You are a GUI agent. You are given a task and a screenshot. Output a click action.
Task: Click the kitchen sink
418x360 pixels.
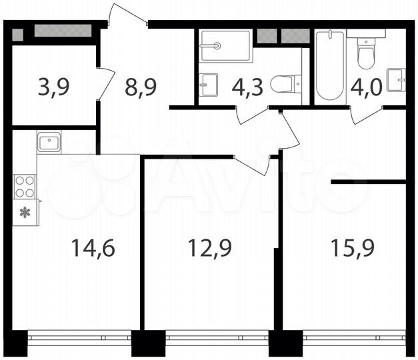tap(50, 141)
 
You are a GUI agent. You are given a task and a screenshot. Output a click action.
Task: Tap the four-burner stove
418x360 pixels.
tap(25, 186)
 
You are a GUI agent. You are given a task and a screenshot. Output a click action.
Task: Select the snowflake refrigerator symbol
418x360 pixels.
tap(25, 213)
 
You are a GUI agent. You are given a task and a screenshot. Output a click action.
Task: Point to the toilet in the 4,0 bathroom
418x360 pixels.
tap(365, 53)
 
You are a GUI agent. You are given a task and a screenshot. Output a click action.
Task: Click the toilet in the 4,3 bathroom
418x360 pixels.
tap(286, 84)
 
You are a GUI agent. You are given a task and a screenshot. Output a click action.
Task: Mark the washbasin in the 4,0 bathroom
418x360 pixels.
tap(397, 79)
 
